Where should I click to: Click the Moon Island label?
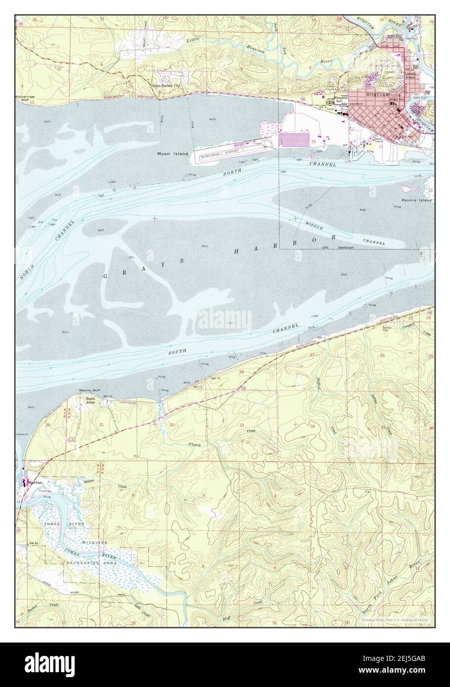pos(173,154)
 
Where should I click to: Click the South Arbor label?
pos(90,400)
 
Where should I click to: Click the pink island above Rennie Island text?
pos(409,188)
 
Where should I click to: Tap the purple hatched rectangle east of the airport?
pos(295,139)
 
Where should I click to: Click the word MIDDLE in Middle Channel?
pos(316,225)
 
